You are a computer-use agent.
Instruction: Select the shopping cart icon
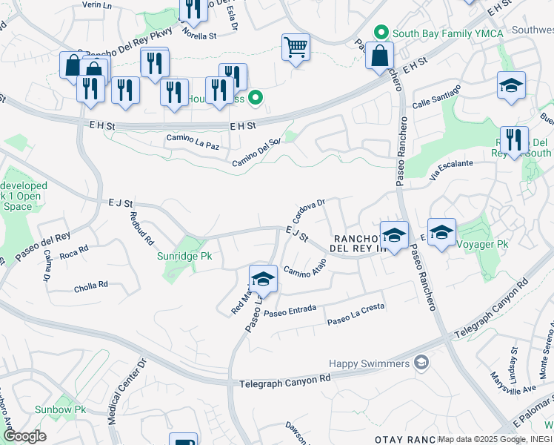296,47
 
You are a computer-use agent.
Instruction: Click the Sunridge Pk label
184,257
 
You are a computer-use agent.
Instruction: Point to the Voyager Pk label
482,243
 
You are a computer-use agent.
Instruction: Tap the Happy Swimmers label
370,363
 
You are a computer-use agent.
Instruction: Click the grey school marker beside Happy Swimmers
422,362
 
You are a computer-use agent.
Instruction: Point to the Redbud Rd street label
141,229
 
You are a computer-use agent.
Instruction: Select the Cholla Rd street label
91,286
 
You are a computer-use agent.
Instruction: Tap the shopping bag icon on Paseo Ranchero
379,56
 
